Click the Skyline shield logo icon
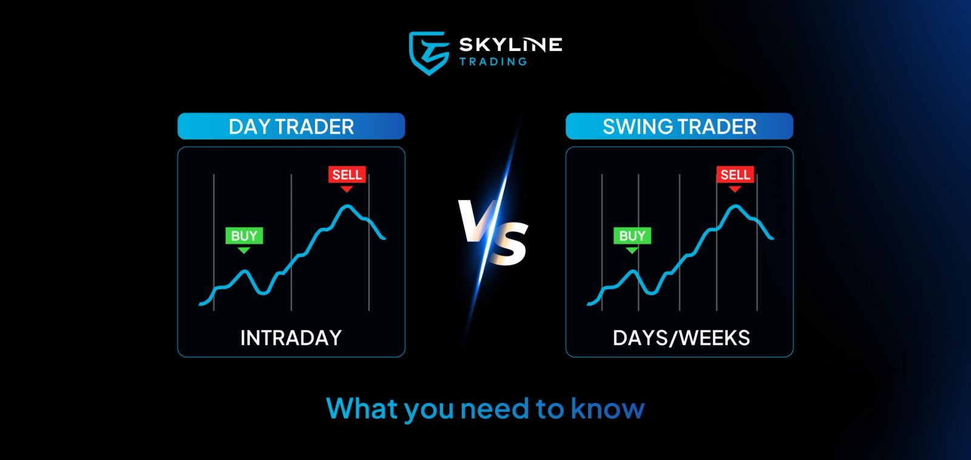point(429,53)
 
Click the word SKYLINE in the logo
point(510,45)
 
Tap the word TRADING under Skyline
point(493,62)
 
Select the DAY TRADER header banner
point(291,126)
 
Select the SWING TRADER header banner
point(679,126)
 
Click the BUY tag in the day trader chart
point(244,236)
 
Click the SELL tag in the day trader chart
point(347,175)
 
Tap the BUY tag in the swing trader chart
point(632,236)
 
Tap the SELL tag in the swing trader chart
point(735,175)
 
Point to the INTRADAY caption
point(291,338)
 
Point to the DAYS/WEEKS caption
point(681,338)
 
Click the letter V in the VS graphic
point(475,221)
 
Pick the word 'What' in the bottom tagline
point(362,408)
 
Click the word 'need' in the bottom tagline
point(495,409)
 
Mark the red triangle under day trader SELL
point(347,189)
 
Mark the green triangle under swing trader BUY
point(632,250)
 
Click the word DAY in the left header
point(249,126)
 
